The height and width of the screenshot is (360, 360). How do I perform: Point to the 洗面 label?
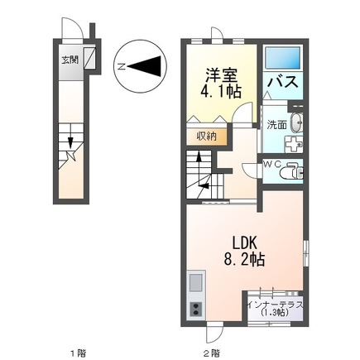click(275, 123)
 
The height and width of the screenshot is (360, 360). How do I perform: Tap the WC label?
click(272, 163)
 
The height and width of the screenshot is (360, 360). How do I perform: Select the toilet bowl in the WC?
click(291, 173)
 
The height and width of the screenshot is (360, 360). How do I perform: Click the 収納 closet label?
click(206, 137)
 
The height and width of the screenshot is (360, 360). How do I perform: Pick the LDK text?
click(242, 243)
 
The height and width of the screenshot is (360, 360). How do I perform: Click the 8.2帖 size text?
click(243, 260)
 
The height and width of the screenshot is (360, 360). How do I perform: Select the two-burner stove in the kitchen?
click(197, 310)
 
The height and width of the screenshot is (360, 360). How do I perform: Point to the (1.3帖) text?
click(276, 314)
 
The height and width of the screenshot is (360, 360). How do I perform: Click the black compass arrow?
click(145, 64)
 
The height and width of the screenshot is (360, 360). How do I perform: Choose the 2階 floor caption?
click(213, 353)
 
